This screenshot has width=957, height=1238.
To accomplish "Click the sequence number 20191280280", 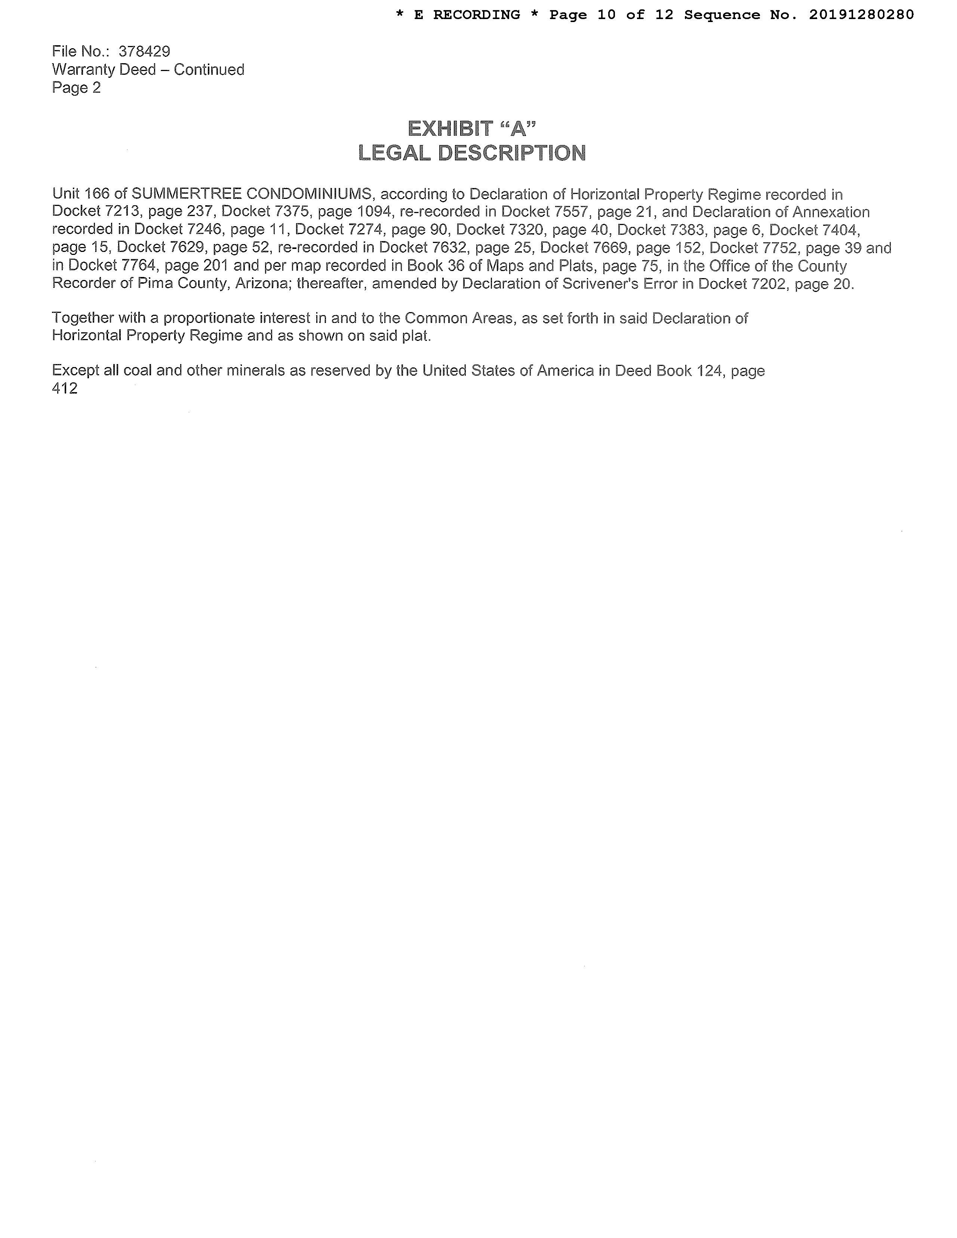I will tap(861, 15).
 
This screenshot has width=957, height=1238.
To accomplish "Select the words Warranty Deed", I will tap(104, 70).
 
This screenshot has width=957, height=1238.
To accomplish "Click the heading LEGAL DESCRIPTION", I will tap(472, 153).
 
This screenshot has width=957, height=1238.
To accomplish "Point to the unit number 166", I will tap(97, 194).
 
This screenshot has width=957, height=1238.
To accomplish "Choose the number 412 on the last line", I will tap(65, 389).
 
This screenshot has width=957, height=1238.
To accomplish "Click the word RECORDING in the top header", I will tap(476, 15).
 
